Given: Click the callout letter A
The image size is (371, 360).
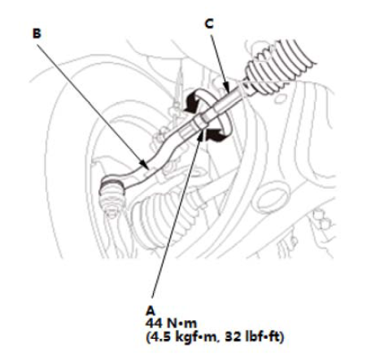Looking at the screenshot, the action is coord(150,310).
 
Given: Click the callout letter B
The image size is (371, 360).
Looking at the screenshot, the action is coord(37,33).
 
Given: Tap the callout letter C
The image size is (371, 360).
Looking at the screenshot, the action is coord(209,24).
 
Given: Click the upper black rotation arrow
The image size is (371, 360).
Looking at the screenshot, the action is coord(198,99).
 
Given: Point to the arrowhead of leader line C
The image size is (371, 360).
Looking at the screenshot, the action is coord(227,87).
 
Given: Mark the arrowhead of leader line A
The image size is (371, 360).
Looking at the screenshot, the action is coord(200,135).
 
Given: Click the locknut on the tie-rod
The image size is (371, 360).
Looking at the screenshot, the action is coord(200,121).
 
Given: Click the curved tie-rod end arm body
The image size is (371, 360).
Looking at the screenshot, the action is coord(152,165).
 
